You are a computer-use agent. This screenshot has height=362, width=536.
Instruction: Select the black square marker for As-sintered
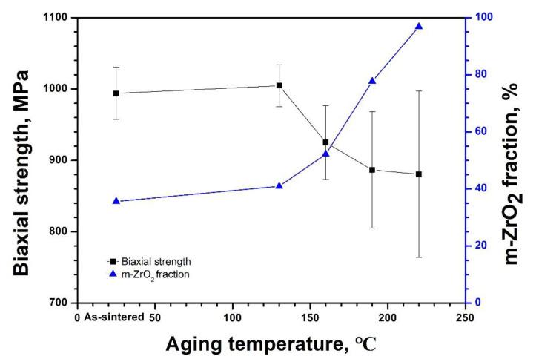[x=116, y=93]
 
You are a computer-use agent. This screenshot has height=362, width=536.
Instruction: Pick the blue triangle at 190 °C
[x=372, y=81]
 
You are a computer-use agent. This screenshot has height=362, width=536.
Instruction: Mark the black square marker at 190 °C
[x=372, y=170]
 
